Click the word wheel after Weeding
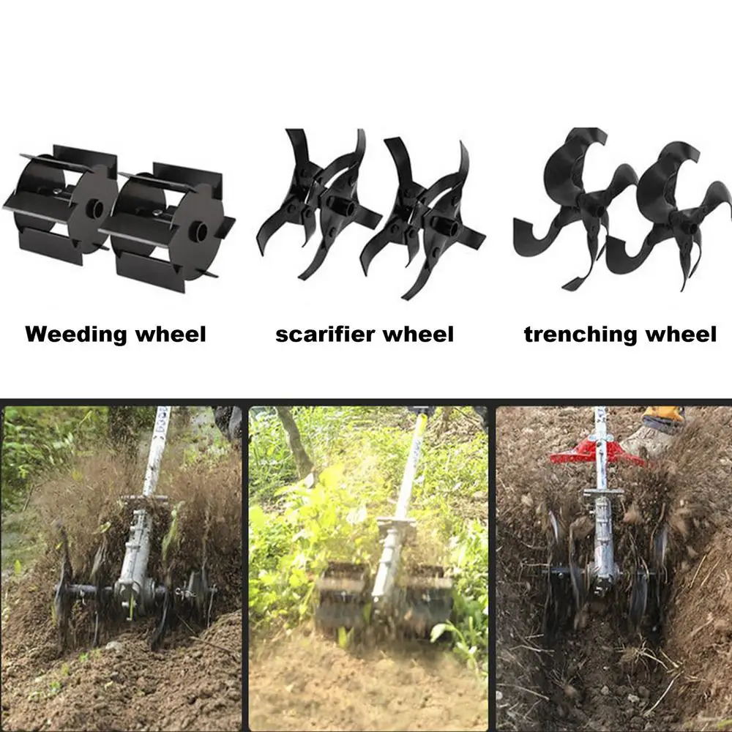pyautogui.click(x=171, y=335)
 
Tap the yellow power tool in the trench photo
pyautogui.click(x=662, y=417)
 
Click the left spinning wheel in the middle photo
pyautogui.click(x=343, y=593)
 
